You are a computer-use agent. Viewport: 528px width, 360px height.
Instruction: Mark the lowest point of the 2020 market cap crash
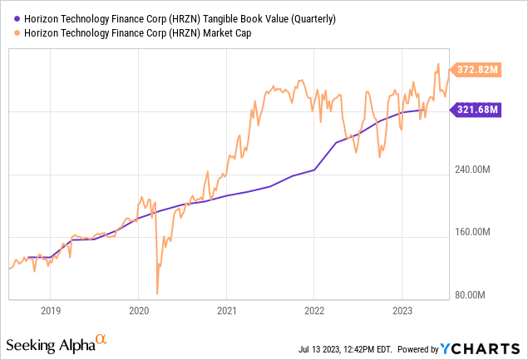[x=157, y=293]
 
